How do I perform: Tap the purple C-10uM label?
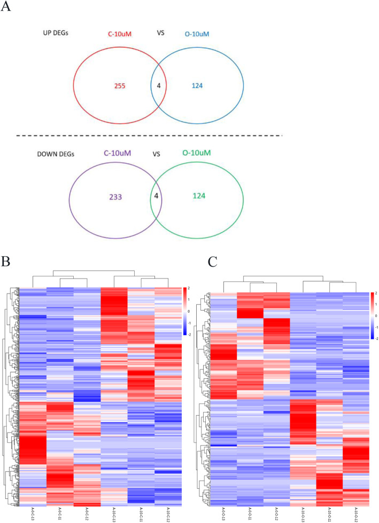[117, 154]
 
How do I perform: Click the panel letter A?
[7, 9]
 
